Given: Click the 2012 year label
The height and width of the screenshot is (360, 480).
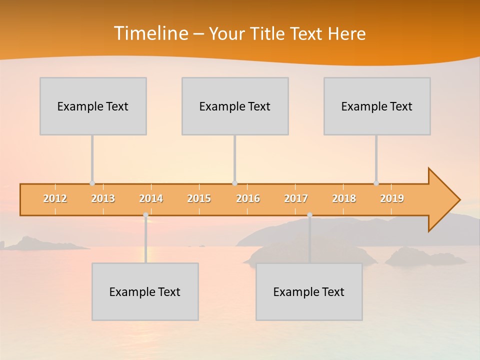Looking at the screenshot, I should pos(55,198).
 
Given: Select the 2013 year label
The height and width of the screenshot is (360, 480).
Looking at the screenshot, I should pos(103,198).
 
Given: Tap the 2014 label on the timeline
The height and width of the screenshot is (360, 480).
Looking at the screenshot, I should pos(151,198).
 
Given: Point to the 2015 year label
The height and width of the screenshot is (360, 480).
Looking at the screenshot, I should pos(199,198).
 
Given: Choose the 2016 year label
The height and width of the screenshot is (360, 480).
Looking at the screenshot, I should pos(248,198).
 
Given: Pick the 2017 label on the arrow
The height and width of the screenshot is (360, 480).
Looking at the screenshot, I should pos(296,198).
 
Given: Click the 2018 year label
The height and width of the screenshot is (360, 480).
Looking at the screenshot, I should pos(344,198).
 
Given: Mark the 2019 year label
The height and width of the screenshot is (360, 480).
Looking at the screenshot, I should pos(392,198).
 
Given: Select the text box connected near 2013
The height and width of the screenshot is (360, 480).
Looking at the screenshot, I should pos(93,106).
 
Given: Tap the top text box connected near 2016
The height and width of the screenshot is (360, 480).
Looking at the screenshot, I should pos(235,106).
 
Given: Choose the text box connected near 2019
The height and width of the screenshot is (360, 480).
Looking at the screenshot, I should pos(377,106).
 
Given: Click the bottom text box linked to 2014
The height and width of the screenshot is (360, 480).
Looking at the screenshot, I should pos(145,291).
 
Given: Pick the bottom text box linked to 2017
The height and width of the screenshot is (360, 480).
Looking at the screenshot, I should pos(309,291).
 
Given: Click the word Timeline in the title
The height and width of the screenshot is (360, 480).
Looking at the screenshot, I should pos(150,33).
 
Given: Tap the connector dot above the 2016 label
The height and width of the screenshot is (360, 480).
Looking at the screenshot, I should pos(234,183).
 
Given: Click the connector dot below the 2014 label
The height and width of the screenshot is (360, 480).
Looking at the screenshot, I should pos(145,215).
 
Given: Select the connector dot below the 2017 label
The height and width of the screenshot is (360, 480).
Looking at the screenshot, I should pos(309,215).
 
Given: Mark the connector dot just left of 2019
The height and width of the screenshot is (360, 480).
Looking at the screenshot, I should pos(376,183).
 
